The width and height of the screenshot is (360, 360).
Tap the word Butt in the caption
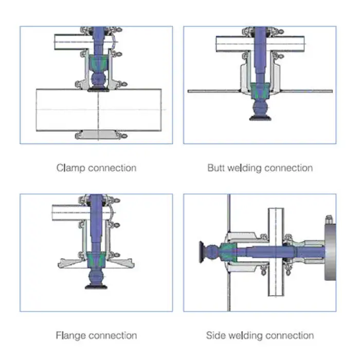tap(216, 168)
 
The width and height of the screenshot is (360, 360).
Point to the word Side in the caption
tap(215, 336)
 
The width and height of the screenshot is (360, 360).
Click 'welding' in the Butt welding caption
tap(244, 168)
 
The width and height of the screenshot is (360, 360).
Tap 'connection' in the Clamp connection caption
tap(112, 168)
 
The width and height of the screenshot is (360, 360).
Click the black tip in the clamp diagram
tap(97, 89)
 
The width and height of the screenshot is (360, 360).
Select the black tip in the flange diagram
tap(97, 285)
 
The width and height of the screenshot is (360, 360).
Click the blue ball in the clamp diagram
tap(97, 80)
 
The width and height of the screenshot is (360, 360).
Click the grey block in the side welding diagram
tap(330, 248)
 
